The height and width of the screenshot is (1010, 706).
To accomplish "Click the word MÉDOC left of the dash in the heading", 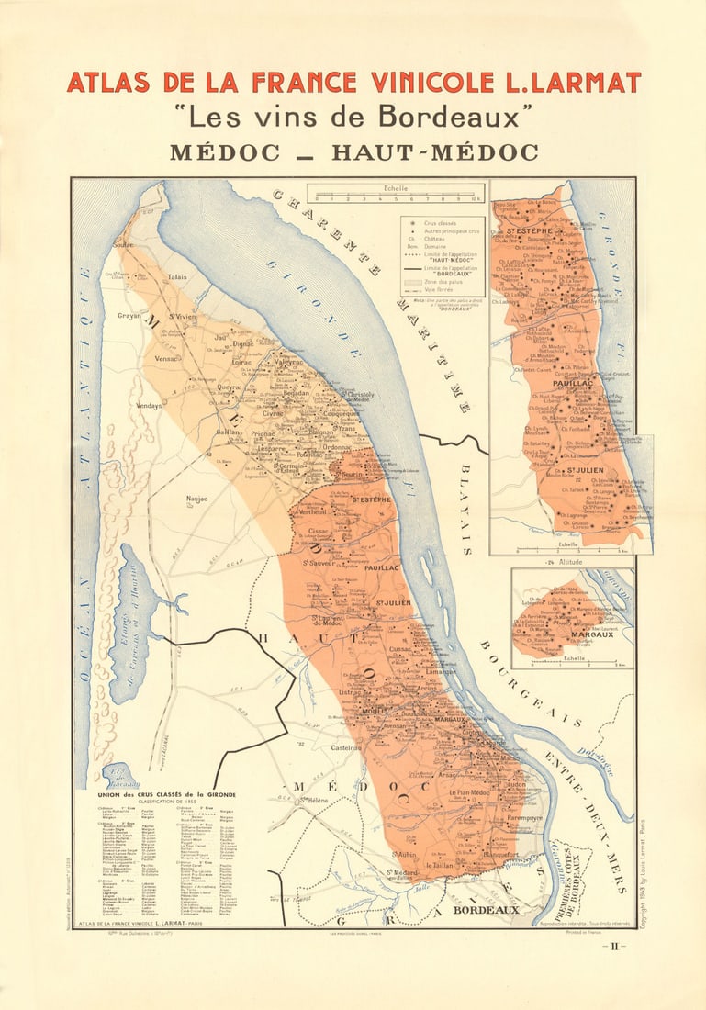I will (x=224, y=152).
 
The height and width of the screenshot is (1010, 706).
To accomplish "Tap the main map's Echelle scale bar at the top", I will (x=396, y=196).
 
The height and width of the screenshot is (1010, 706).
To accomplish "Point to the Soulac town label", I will (x=123, y=245).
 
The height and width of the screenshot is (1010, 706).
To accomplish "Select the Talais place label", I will (x=178, y=275).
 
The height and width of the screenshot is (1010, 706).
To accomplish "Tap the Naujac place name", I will (x=197, y=499).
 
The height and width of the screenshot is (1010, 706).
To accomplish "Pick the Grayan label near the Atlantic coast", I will (x=129, y=316).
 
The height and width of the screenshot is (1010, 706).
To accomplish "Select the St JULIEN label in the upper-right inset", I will (x=583, y=470).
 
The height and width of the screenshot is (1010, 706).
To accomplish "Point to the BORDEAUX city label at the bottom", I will (x=488, y=910).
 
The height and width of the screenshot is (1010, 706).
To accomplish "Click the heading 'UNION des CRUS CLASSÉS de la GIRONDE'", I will (x=166, y=794).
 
